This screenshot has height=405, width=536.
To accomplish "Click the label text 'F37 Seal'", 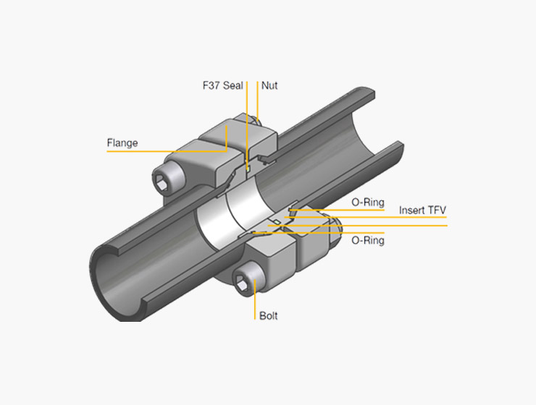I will click(223, 85).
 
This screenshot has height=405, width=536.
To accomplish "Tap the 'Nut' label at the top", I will click(269, 85).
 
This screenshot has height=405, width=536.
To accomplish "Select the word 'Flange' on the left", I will click(122, 142).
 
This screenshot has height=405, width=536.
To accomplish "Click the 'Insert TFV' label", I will click(422, 210).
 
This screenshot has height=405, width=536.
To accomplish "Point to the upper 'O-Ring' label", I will click(367, 202).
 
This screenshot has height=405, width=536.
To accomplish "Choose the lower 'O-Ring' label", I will click(367, 240).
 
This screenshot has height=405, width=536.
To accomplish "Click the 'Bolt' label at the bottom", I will click(268, 316).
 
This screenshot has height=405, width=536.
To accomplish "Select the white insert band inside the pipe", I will click(217, 221).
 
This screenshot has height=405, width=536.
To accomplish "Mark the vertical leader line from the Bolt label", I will click(255, 300).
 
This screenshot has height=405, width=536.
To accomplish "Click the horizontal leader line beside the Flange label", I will click(159, 151).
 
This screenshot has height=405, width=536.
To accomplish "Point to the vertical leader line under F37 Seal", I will click(247, 123).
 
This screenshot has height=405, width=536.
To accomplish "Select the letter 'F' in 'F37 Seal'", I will click(206, 85).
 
